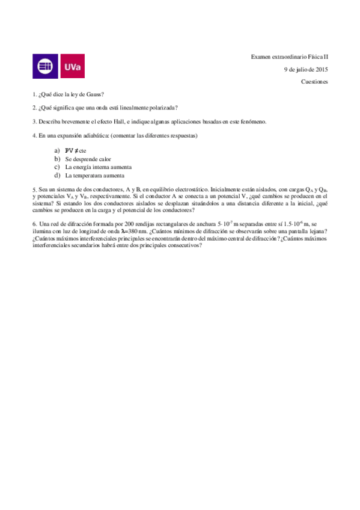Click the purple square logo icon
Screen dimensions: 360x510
tap(45, 66)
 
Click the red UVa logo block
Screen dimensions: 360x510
tap(72, 66)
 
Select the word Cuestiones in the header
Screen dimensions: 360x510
tap(314, 81)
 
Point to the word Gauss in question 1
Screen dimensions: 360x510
tap(94, 94)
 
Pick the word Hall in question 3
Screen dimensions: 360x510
tap(123, 121)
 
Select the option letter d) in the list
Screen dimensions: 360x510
tap(57, 176)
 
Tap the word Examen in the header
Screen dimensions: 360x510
tap(261, 57)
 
